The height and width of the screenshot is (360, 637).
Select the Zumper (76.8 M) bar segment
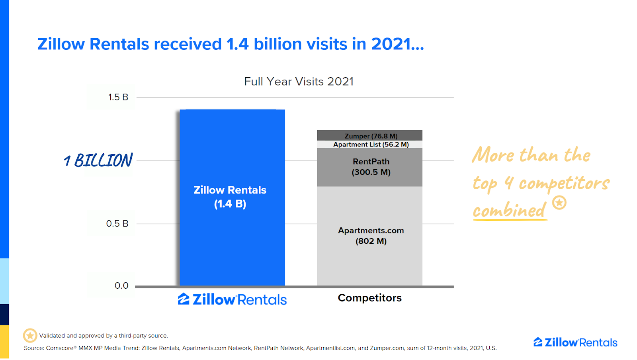pyautogui.click(x=369, y=135)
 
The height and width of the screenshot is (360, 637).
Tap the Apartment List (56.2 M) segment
pyautogui.click(x=369, y=145)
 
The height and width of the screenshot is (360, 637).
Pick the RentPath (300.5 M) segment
pyautogui.click(x=369, y=167)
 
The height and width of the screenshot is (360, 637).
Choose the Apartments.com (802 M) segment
pyautogui.click(x=369, y=236)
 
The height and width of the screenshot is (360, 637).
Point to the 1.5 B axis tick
pyautogui.click(x=118, y=97)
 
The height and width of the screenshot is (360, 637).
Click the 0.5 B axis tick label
pyautogui.click(x=117, y=224)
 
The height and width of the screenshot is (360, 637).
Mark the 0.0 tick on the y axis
pyautogui.click(x=121, y=286)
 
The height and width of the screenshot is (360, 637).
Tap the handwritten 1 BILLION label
pyautogui.click(x=98, y=160)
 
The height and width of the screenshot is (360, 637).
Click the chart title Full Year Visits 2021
pyautogui.click(x=299, y=82)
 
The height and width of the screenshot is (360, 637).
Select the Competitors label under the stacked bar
pyautogui.click(x=369, y=298)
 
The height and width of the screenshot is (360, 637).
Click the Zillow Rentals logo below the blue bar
pyautogui.click(x=232, y=299)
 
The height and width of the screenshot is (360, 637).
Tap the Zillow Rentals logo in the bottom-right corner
pyautogui.click(x=575, y=342)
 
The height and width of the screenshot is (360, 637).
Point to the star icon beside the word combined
pyautogui.click(x=559, y=203)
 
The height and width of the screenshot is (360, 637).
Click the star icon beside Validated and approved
pyautogui.click(x=30, y=336)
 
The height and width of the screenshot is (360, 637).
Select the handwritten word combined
pyautogui.click(x=509, y=210)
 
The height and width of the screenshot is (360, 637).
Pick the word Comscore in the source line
pyautogui.click(x=60, y=348)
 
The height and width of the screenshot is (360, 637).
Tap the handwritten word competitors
pyautogui.click(x=564, y=184)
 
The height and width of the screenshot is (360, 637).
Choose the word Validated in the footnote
pyautogui.click(x=52, y=336)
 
